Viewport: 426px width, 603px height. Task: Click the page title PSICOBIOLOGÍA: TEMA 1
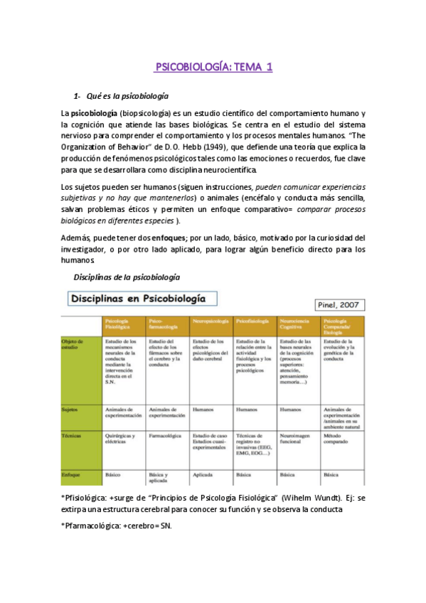tap(213, 68)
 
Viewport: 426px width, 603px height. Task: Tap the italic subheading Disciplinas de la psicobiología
tap(117, 276)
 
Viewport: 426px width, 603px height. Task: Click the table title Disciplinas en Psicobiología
tap(143, 297)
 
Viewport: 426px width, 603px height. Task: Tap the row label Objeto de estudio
tap(74, 345)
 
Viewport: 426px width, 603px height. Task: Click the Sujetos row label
tap(71, 410)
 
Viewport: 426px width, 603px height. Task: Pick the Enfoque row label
tap(72, 473)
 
